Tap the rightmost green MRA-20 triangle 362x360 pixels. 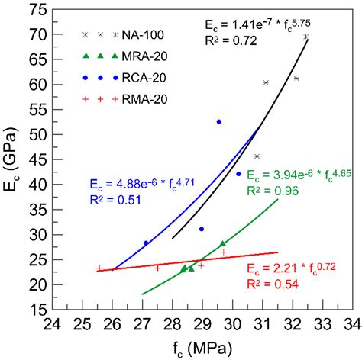point(222,244)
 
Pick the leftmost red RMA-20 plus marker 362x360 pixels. point(99,268)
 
